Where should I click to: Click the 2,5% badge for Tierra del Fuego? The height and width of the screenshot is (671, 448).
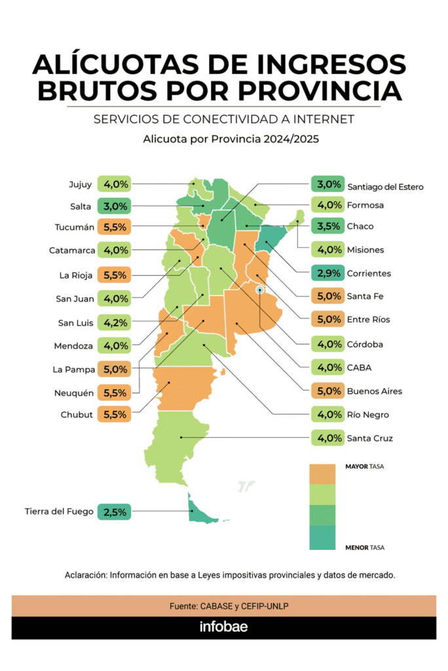click(x=114, y=511)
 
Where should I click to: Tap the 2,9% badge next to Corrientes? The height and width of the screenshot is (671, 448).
click(x=327, y=273)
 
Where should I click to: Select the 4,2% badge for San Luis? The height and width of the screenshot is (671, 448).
click(x=114, y=322)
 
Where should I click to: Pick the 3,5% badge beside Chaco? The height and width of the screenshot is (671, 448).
click(x=327, y=226)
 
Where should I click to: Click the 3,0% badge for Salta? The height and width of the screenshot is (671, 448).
click(x=114, y=206)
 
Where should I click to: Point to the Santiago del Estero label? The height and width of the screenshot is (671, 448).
click(x=385, y=187)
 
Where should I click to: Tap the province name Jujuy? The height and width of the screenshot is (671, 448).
click(x=80, y=184)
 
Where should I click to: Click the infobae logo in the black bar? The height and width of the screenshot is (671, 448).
click(x=223, y=627)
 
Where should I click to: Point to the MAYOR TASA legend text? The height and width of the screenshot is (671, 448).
click(x=364, y=467)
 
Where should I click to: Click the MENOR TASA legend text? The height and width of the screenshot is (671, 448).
click(x=364, y=546)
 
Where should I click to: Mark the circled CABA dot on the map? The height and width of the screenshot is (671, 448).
click(x=260, y=289)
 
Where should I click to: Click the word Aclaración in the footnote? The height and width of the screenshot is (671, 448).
click(x=85, y=575)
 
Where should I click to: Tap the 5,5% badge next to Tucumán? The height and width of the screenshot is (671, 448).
click(x=114, y=228)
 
